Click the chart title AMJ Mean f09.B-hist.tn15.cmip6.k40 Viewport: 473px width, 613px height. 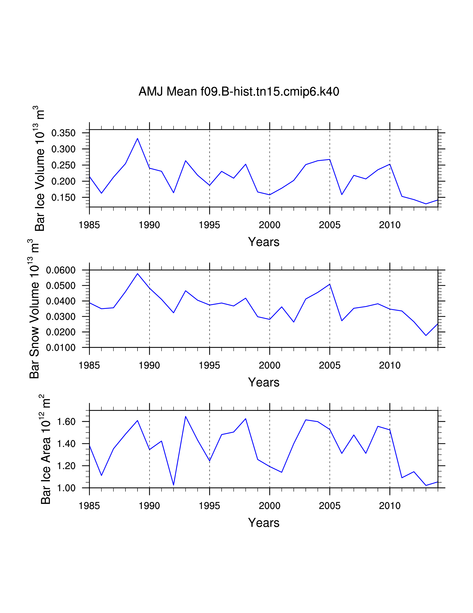239,92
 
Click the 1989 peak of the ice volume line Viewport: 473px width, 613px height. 137,138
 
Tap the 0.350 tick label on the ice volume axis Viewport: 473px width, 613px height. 64,133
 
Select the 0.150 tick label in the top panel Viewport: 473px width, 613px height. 64,198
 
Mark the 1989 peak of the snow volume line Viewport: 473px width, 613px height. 137,273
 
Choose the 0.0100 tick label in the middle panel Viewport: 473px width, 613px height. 61,348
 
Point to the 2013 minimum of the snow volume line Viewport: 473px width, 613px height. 426,335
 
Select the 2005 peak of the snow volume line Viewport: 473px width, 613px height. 330,284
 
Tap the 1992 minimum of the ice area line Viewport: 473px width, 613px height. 173,485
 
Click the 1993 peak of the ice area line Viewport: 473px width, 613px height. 185,416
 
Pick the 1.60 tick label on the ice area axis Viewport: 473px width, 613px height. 66,422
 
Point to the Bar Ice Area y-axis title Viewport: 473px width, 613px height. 45,449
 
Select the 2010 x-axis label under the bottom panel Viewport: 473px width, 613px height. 390,506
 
